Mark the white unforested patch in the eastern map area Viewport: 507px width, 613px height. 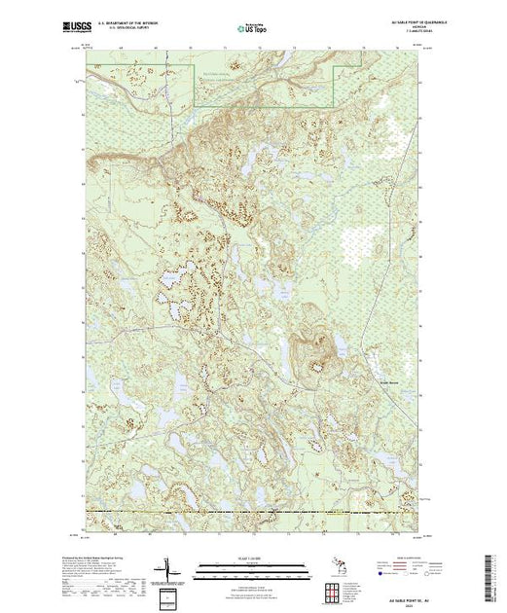click(368, 238)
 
